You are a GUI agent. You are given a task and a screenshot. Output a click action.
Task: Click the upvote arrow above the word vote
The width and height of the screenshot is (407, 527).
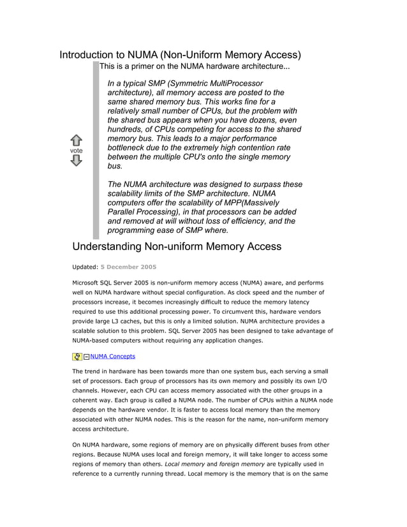click(76, 140)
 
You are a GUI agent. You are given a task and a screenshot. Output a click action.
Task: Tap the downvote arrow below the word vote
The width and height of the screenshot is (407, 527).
click(76, 161)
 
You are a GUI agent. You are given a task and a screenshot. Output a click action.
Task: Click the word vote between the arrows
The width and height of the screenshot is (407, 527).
click(76, 151)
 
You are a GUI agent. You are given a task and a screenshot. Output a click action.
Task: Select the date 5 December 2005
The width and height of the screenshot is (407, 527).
click(128, 267)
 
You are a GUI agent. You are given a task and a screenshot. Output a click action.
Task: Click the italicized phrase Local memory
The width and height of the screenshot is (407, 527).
click(184, 464)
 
